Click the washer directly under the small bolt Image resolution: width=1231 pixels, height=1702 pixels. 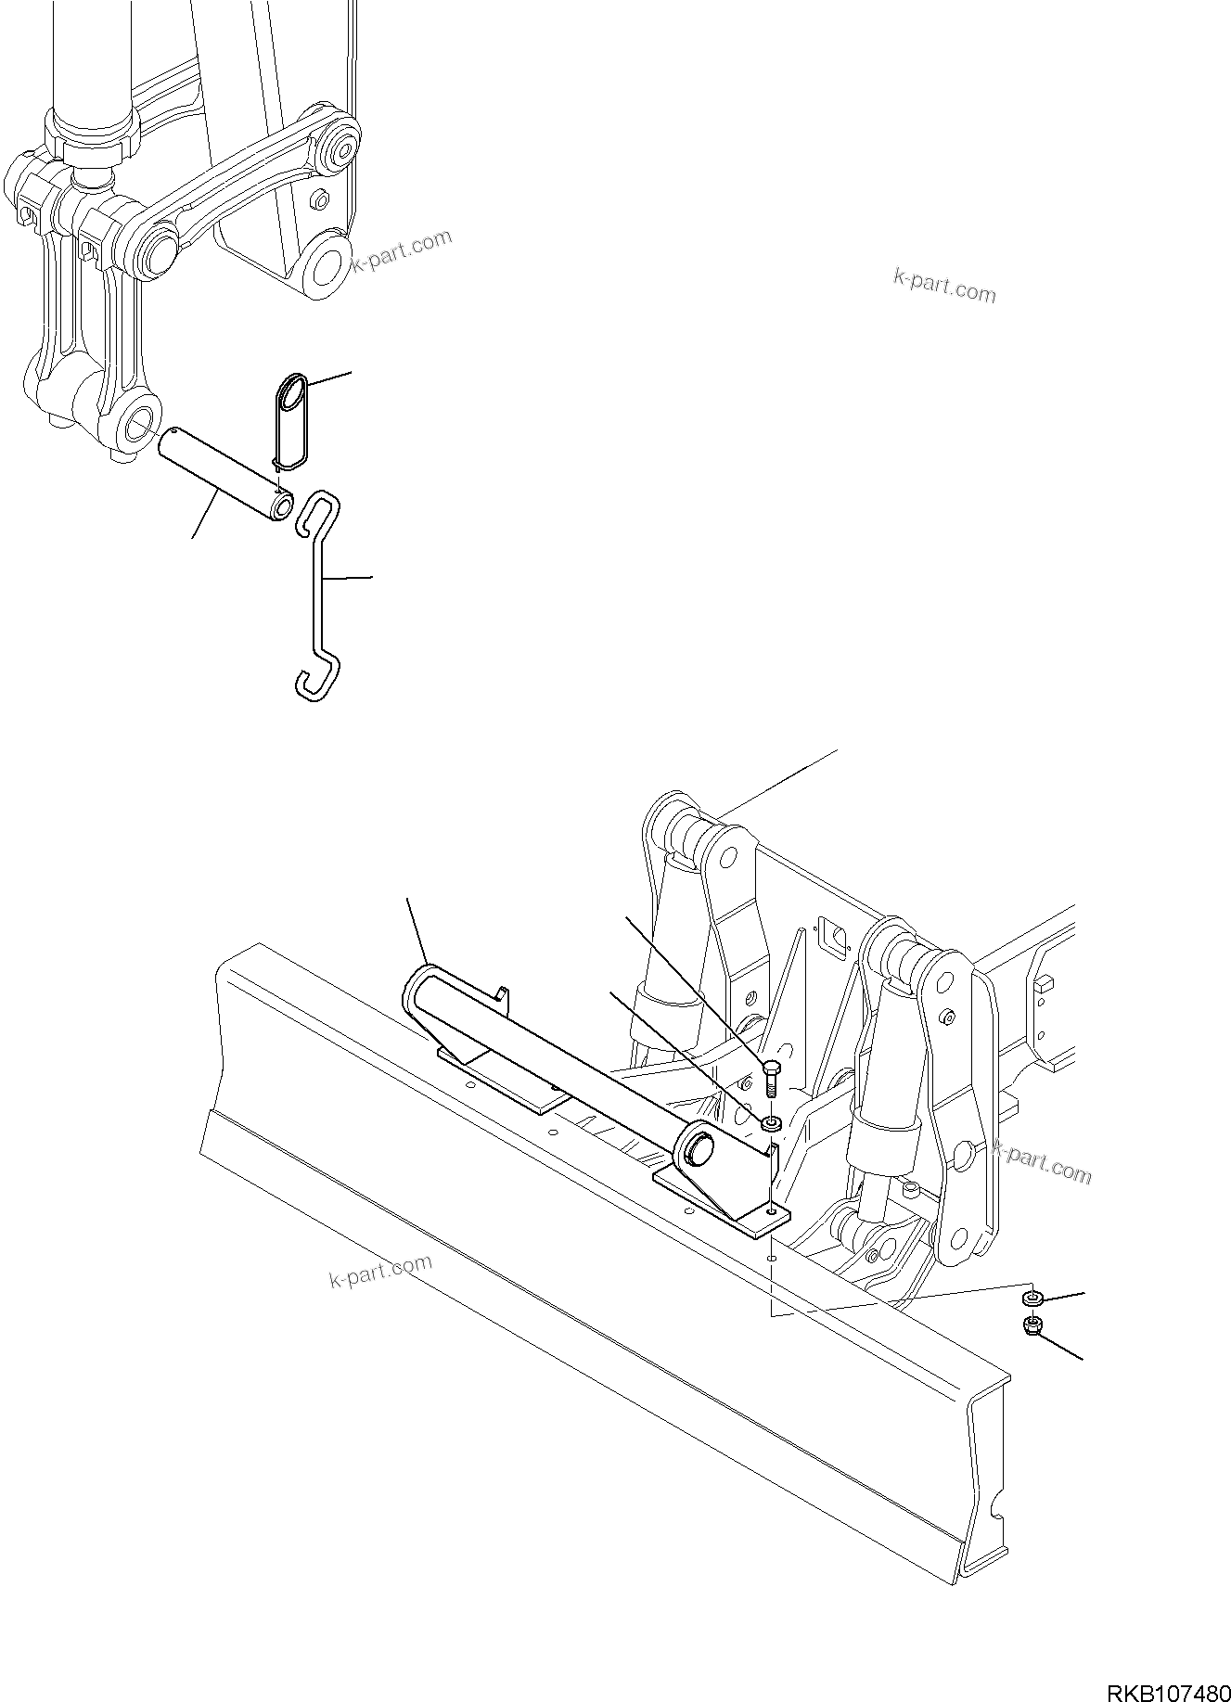pos(771,1124)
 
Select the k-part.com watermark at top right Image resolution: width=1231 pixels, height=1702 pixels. pos(943,286)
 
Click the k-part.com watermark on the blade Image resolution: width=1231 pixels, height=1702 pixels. pos(380,1272)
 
